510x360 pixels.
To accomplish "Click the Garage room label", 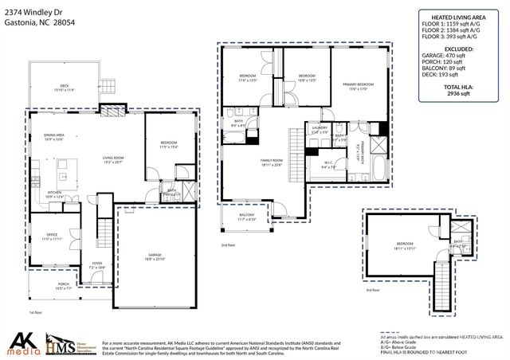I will tap(154, 257).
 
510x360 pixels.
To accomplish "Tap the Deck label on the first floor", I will tap(63, 88).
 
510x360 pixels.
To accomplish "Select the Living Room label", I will tap(113, 159).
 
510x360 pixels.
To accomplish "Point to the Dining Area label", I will tap(54, 137).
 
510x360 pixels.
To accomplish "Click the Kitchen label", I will tap(54, 194).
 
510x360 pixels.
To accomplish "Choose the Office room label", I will tap(53, 237).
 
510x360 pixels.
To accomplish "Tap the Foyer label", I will tap(96, 264).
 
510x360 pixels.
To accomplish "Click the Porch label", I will tap(63, 286).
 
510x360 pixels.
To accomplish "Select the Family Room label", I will tap(272, 162).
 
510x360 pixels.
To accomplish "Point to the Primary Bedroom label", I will tap(358, 86).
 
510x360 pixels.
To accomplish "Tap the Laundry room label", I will tap(320, 129).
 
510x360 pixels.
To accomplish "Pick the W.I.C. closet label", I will tap(328, 165).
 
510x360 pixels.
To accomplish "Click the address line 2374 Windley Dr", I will tap(33, 12).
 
